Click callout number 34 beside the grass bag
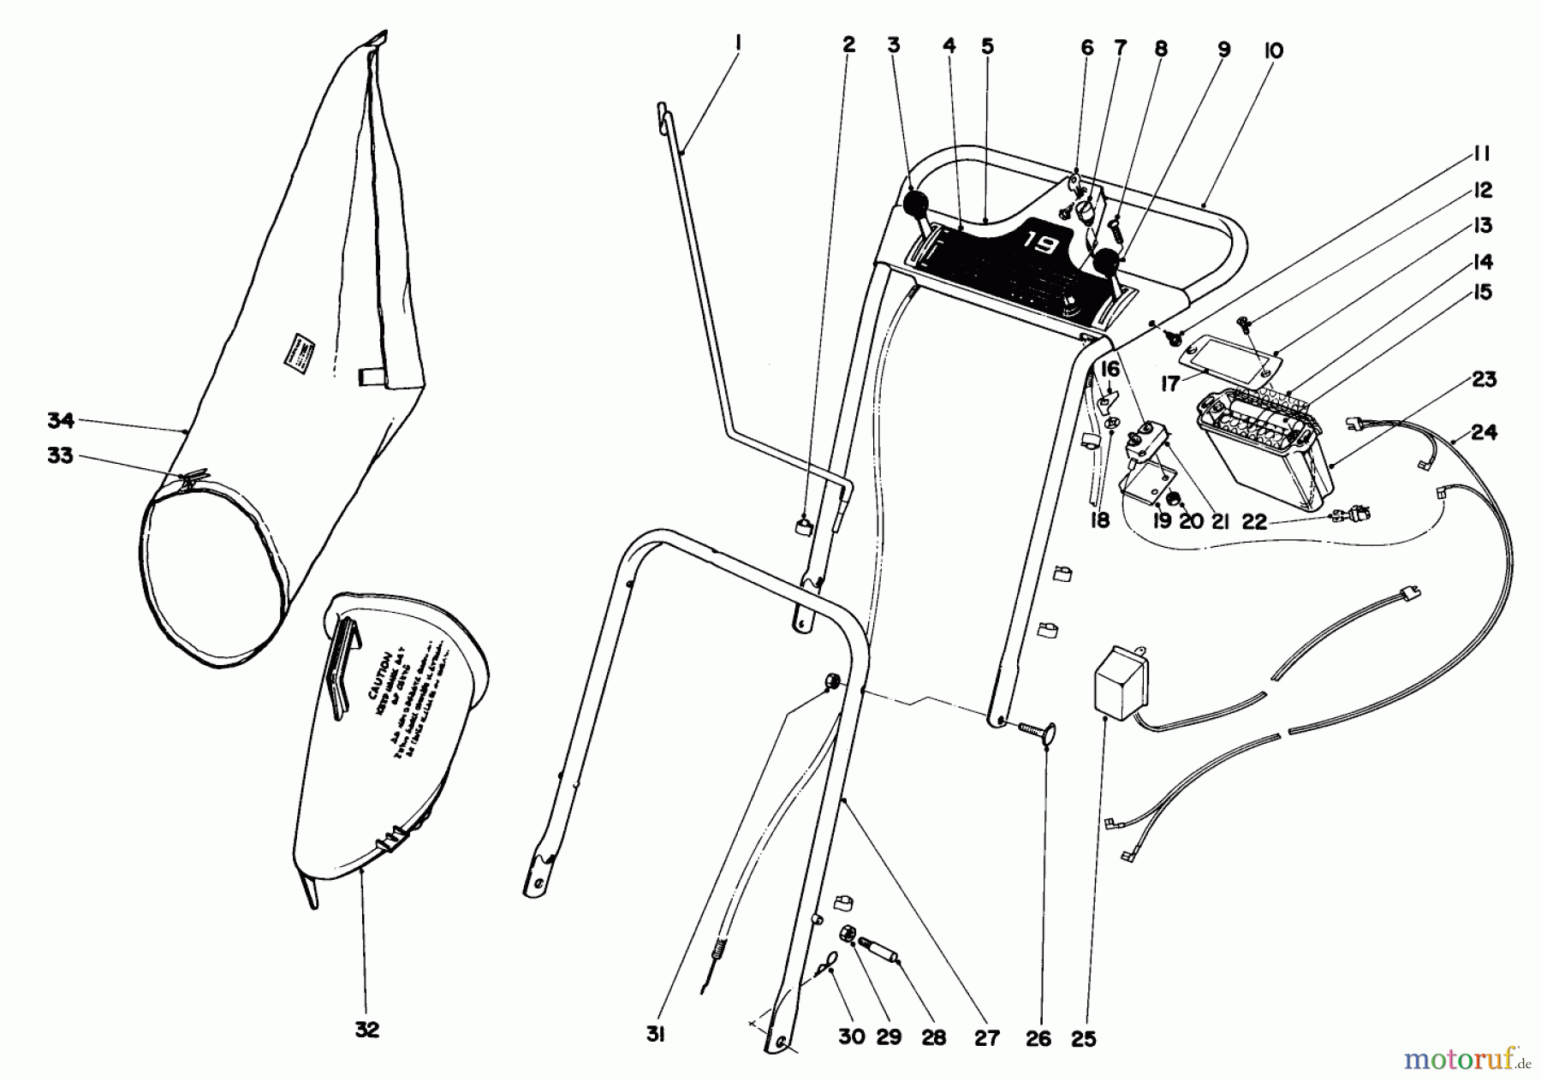(61, 420)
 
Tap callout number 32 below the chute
(366, 1030)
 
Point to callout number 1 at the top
(737, 40)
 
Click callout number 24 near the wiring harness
(1484, 432)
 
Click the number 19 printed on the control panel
(1039, 244)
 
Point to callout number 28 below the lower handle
(933, 1037)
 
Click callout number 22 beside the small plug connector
(1253, 521)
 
